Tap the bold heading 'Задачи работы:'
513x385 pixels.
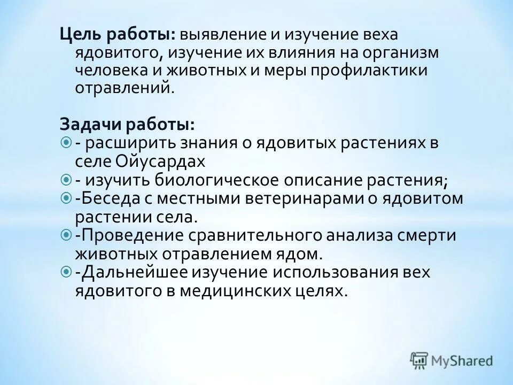point(127,125)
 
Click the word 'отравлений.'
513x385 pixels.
point(125,89)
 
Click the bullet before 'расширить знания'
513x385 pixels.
point(66,143)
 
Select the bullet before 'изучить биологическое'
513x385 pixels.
point(66,180)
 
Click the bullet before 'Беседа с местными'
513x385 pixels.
point(66,198)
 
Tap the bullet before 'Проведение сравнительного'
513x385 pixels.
point(66,235)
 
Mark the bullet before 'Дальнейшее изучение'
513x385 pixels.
point(66,272)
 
